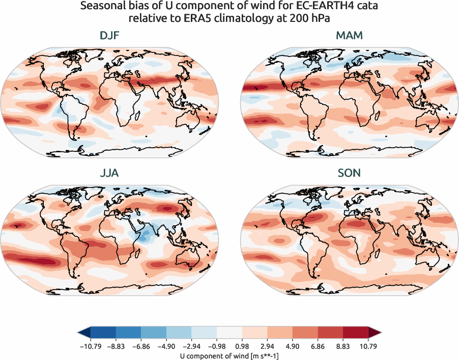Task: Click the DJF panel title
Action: click(110, 36)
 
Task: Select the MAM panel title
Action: click(349, 36)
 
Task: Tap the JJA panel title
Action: click(110, 173)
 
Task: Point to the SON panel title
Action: click(349, 173)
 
